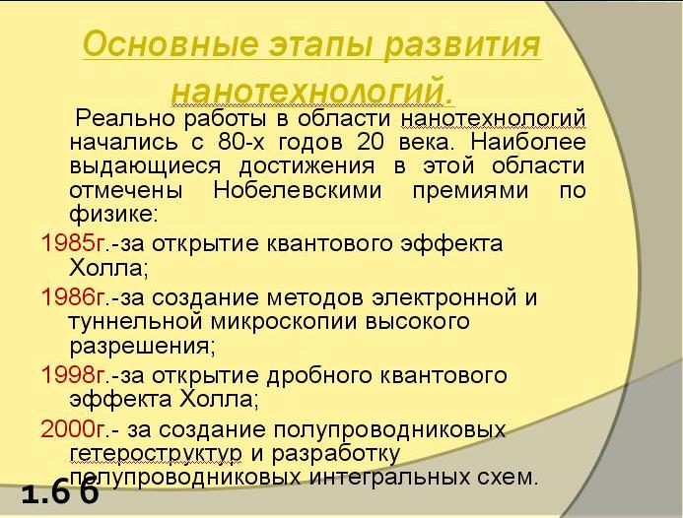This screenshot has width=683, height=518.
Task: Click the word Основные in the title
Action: (x=169, y=43)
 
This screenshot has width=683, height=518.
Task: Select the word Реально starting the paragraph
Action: (x=125, y=118)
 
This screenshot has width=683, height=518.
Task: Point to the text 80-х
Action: (x=241, y=142)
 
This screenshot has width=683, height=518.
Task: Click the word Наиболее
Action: (x=528, y=142)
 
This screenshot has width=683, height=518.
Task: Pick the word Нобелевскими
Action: (x=298, y=190)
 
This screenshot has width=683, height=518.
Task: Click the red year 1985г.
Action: (x=74, y=243)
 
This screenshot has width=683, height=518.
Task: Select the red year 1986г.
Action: (x=74, y=297)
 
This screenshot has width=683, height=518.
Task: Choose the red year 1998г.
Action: (x=74, y=375)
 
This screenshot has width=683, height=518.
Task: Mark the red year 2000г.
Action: (x=74, y=428)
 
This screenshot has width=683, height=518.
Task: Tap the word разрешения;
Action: (x=143, y=347)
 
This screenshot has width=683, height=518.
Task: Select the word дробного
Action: (x=319, y=375)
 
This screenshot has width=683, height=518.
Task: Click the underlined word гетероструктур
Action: (x=156, y=454)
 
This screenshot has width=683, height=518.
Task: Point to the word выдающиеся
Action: (x=145, y=166)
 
